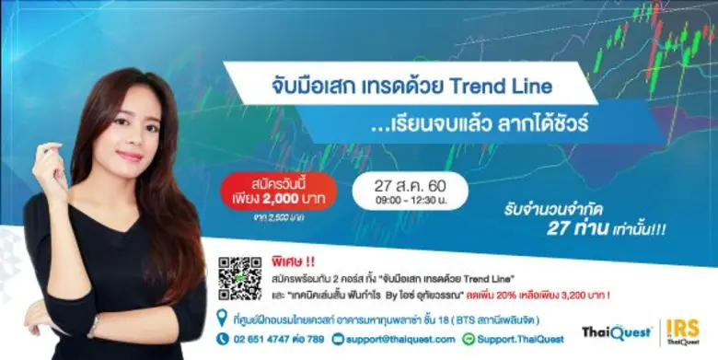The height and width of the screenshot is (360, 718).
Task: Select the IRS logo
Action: click(x=683, y=331)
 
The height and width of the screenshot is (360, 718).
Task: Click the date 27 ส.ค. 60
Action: click(x=411, y=184)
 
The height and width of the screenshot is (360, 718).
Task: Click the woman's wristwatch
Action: click(x=92, y=326)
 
